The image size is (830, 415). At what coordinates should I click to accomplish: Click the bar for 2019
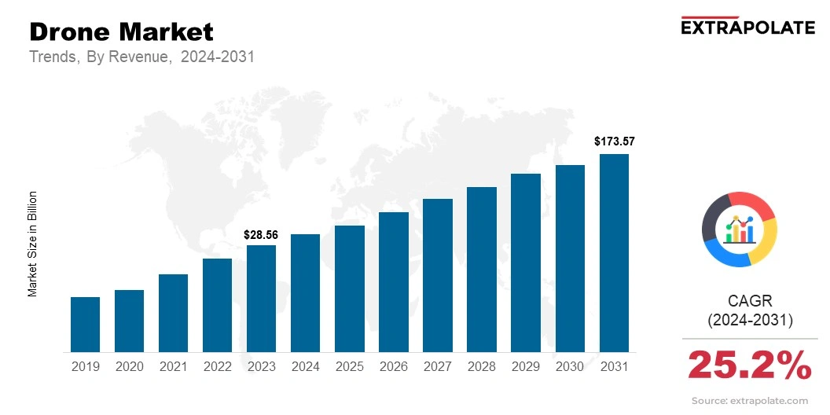85,325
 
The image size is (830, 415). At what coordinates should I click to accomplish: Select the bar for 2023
261,299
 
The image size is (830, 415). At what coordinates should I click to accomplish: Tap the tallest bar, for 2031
614,253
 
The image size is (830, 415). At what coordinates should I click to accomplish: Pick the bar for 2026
393,282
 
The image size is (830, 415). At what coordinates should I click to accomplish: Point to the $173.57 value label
614,142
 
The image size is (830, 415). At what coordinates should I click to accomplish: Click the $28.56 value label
261,234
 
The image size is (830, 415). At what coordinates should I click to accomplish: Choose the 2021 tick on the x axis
173,366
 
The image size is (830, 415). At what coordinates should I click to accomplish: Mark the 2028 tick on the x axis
481,366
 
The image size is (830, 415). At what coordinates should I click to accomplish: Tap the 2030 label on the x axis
569,366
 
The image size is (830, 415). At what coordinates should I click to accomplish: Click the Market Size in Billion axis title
33,244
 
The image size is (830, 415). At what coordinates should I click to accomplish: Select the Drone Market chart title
121,31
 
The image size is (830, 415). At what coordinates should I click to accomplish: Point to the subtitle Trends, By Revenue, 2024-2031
141,57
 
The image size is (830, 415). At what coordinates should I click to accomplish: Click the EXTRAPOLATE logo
747,28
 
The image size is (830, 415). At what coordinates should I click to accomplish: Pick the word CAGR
750,301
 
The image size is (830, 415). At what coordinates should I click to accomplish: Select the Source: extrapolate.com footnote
749,401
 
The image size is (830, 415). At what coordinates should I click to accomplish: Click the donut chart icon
739,229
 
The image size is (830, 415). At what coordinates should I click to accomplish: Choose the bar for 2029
525,263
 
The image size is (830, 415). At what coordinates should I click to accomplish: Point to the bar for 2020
129,321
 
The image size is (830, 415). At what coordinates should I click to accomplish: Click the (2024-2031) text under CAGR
750,321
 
